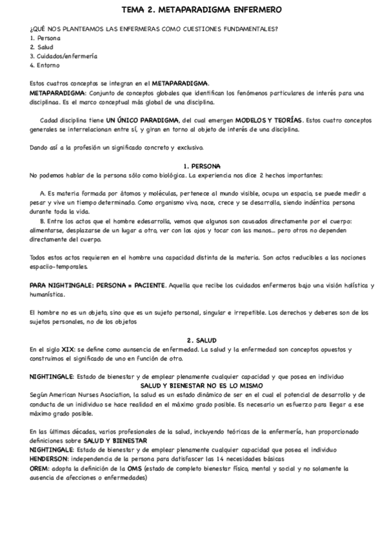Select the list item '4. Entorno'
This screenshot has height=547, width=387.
45,65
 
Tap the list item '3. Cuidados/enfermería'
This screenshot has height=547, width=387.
63,56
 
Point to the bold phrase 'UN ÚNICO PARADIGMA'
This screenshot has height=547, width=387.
143,121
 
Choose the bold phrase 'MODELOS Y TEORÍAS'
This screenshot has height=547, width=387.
268,121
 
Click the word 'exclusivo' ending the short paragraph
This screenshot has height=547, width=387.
188,148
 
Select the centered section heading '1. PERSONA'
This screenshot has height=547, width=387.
202,166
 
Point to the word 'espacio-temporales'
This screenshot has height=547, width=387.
57,266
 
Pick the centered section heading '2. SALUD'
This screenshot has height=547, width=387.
202,339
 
